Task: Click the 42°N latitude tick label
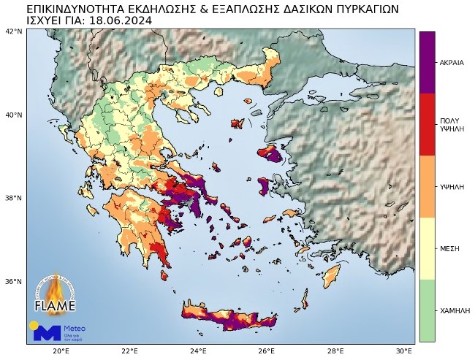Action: [14, 31]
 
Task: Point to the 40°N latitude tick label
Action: [14, 115]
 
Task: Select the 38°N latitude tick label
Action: [14, 198]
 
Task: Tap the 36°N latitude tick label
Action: [14, 281]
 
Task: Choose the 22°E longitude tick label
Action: [129, 351]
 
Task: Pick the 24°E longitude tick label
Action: [198, 351]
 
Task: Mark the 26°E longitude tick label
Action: [267, 351]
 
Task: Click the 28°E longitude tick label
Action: [335, 351]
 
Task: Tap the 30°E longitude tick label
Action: [404, 351]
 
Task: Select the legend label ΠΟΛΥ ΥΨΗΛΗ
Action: [450, 124]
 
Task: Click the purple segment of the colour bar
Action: [427, 62]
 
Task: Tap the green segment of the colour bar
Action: [427, 310]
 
